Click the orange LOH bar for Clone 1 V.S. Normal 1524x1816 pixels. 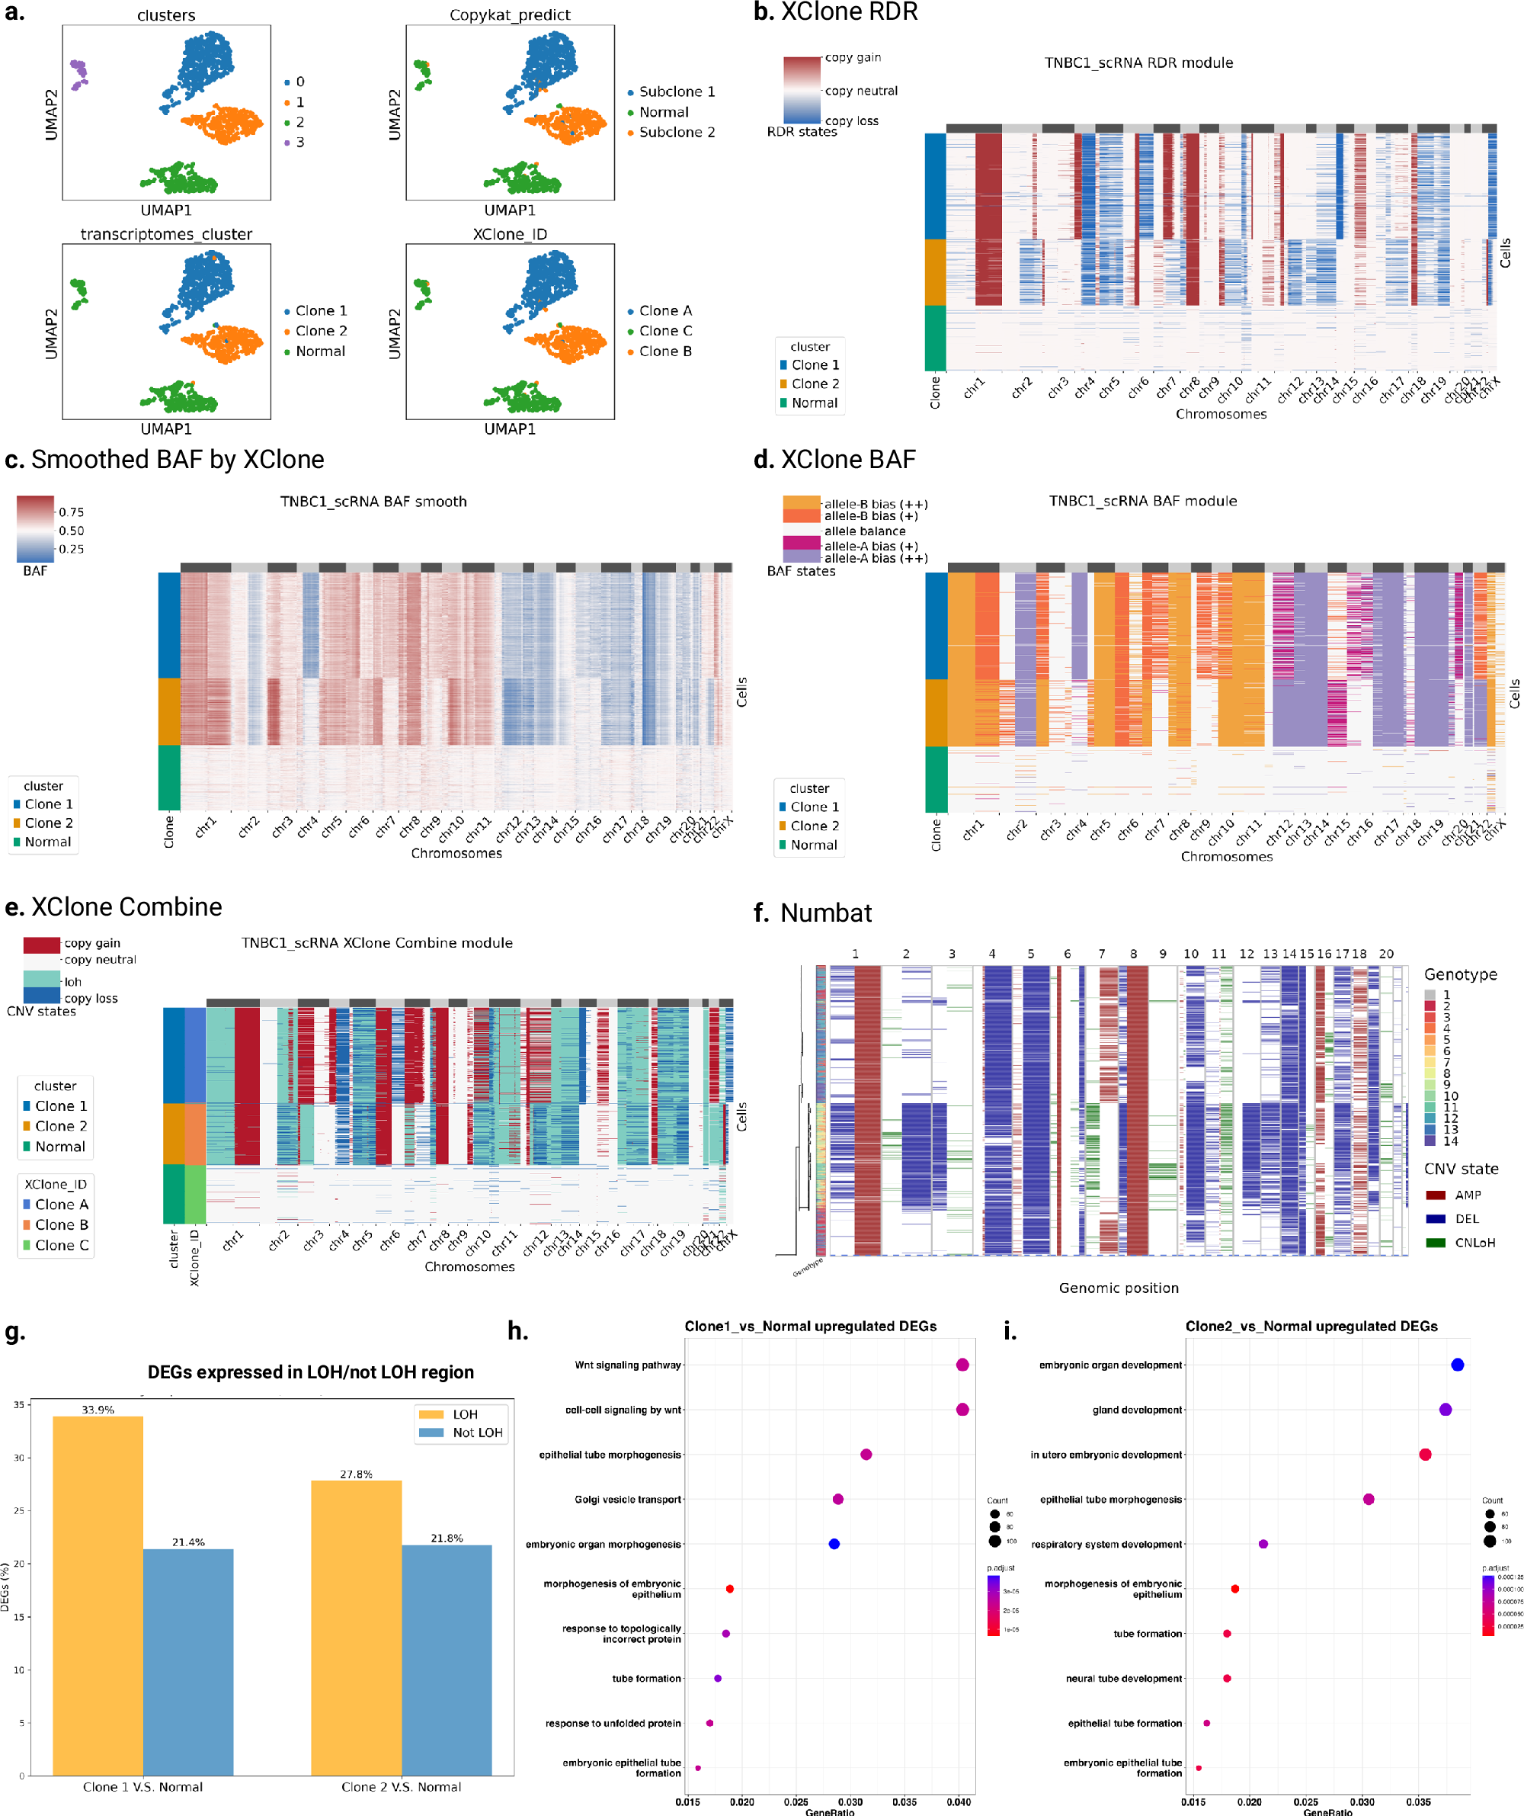click(98, 1596)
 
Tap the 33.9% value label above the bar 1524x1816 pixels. click(98, 1410)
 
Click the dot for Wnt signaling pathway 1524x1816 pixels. click(962, 1365)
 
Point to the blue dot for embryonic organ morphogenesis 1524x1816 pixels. click(834, 1544)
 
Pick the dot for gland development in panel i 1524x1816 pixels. click(1446, 1410)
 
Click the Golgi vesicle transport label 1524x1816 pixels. click(628, 1500)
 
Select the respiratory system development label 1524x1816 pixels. click(1106, 1544)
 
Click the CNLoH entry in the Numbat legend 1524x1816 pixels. click(1474, 1243)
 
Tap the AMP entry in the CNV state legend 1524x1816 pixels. click(1467, 1195)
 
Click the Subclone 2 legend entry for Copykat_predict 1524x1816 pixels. click(676, 133)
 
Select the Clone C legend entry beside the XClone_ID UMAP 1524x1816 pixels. click(664, 331)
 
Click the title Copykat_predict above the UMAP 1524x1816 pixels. click(510, 14)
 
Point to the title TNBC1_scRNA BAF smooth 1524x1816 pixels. click(373, 502)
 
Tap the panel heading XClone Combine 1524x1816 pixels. click(126, 906)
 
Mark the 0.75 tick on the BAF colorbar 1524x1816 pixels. click(71, 512)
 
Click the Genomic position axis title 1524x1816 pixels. click(1119, 1288)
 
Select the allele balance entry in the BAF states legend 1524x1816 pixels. click(864, 531)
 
